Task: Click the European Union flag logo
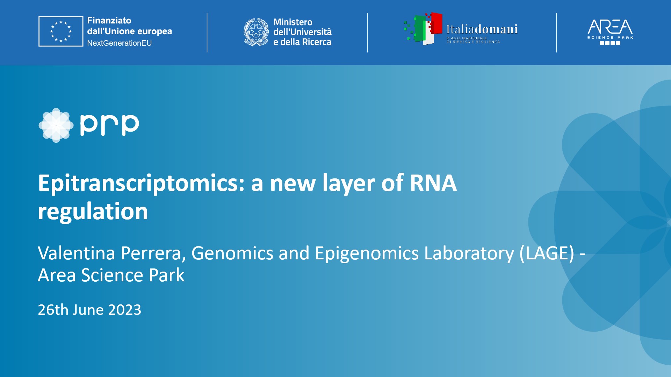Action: (61, 31)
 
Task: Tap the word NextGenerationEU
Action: (119, 43)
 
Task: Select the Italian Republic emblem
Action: (256, 32)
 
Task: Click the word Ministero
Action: (293, 22)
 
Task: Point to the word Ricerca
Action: (316, 42)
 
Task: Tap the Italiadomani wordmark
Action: (482, 29)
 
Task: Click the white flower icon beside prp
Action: (56, 125)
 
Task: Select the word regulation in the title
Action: (93, 212)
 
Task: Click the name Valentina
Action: (77, 253)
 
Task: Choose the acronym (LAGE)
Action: (547, 253)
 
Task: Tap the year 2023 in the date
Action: (125, 310)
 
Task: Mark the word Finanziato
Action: (109, 21)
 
